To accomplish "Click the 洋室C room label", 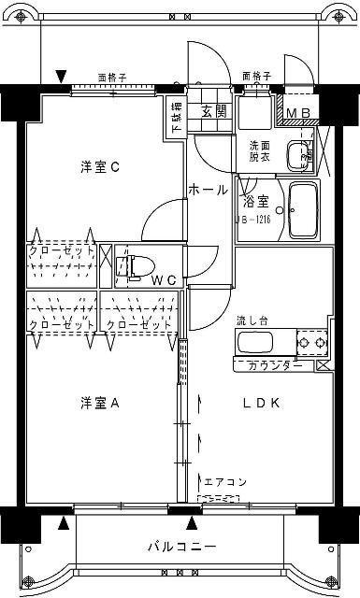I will pyautogui.click(x=99, y=167).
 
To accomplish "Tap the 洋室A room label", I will pyautogui.click(x=99, y=403).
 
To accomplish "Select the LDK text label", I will pyautogui.click(x=263, y=403).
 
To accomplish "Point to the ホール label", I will pyautogui.click(x=208, y=190).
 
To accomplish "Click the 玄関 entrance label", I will pyautogui.click(x=213, y=110).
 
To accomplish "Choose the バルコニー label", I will pyautogui.click(x=181, y=546).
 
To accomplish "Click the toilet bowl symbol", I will pyautogui.click(x=135, y=265).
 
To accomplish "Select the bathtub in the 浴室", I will pyautogui.click(x=304, y=210).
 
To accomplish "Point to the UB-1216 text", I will pyautogui.click(x=253, y=221).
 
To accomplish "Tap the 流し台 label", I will pyautogui.click(x=252, y=320).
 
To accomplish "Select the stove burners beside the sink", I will pyautogui.click(x=312, y=344).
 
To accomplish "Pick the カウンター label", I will pyautogui.click(x=275, y=365).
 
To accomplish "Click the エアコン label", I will pyautogui.click(x=224, y=482).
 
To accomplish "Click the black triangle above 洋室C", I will pyautogui.click(x=62, y=75).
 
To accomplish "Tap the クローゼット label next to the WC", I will pyautogui.click(x=61, y=250).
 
